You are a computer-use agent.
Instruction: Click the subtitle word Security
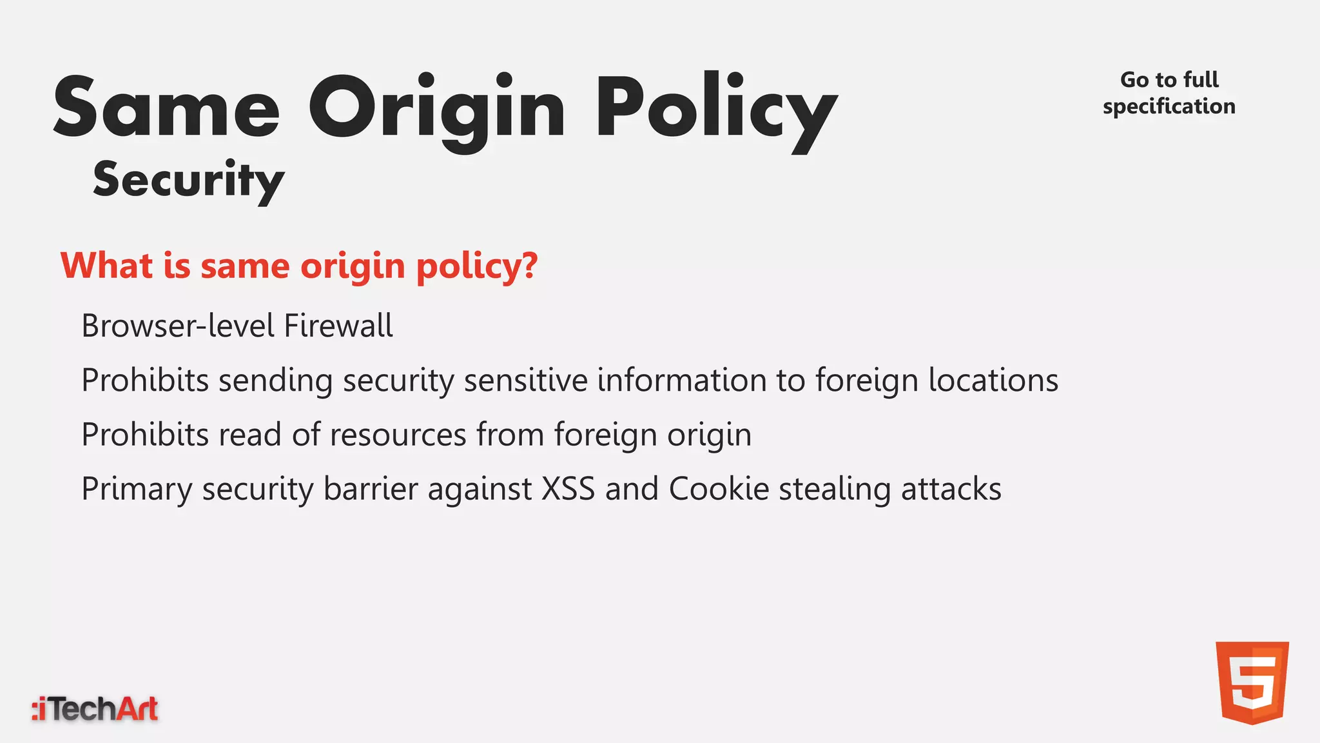coord(188,180)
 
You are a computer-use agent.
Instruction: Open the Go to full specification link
coord(1169,93)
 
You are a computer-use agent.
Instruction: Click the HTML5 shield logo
coord(1252,682)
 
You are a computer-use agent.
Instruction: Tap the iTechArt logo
coord(95,709)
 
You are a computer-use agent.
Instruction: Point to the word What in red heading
coord(106,266)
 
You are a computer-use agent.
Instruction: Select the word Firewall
coord(338,326)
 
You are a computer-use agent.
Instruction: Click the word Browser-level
coord(177,326)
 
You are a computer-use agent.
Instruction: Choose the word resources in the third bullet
coord(398,434)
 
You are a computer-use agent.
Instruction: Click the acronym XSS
coord(568,489)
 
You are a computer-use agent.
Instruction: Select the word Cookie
coord(719,489)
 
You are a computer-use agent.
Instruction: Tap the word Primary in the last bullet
coord(137,489)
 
